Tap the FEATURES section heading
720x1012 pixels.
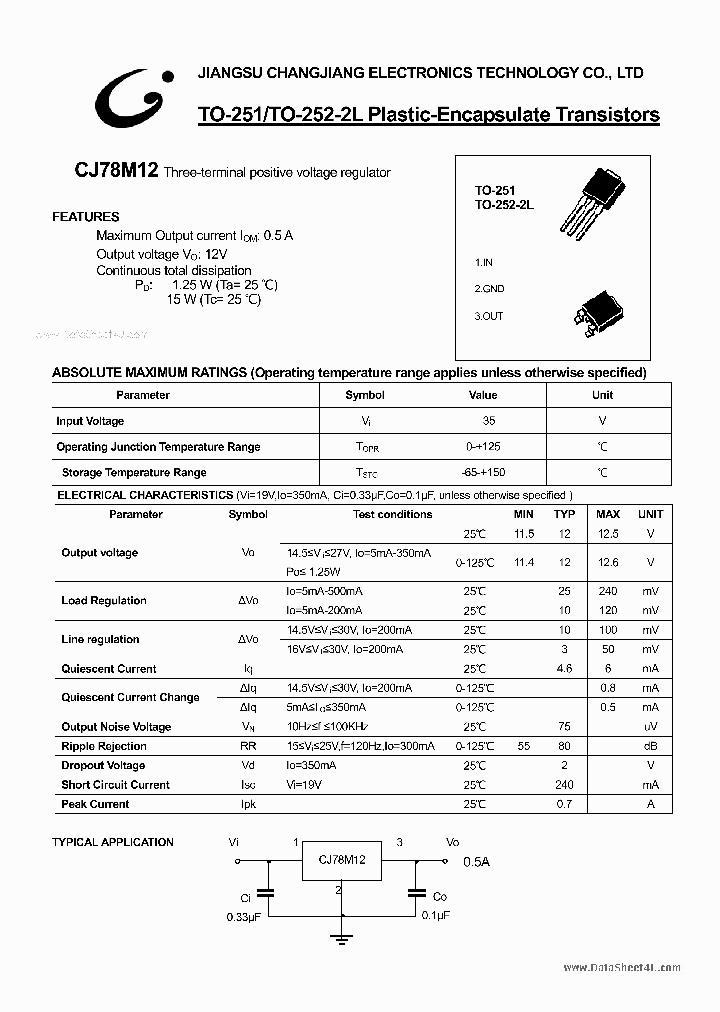(85, 216)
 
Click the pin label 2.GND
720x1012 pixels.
(490, 289)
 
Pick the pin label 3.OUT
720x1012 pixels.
(490, 316)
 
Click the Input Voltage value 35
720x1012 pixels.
(488, 421)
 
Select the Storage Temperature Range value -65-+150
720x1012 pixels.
(488, 472)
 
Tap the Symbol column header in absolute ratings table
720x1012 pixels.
(365, 395)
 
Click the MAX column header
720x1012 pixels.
(608, 514)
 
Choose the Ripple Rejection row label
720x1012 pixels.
(104, 746)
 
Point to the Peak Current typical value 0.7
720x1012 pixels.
(565, 804)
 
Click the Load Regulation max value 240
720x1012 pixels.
(608, 591)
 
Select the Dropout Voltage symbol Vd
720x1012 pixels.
(248, 765)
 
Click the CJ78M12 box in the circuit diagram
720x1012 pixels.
(343, 860)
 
